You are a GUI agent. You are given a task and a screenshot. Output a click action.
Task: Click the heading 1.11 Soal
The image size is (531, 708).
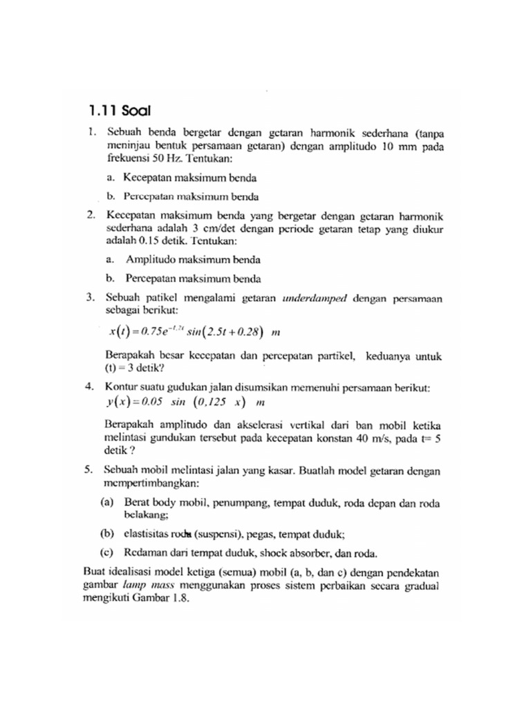point(120,110)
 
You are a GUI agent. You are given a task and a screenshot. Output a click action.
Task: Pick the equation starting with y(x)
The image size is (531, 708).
point(185,401)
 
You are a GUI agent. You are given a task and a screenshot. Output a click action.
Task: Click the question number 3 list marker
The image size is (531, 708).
point(91,299)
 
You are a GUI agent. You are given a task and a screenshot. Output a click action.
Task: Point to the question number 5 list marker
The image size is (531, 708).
point(91,469)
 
